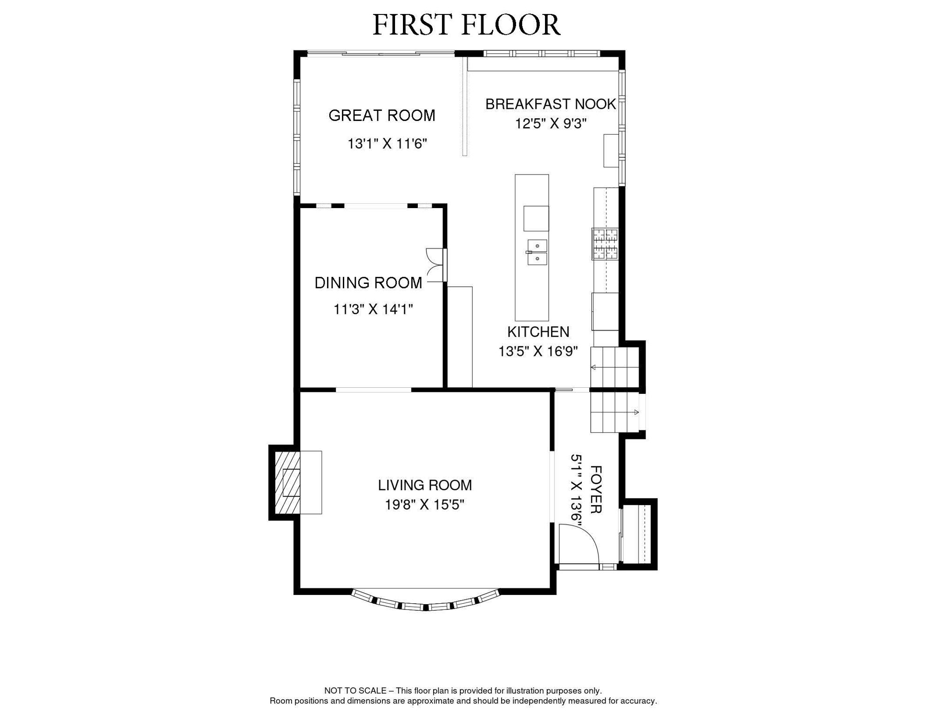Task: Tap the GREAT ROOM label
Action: click(381, 115)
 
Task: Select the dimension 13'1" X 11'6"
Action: click(387, 144)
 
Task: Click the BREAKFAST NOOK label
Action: click(550, 104)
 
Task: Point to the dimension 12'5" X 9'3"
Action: click(550, 124)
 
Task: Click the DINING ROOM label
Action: click(368, 283)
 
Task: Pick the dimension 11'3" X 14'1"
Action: click(373, 309)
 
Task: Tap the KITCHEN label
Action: click(538, 332)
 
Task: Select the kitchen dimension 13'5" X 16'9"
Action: click(538, 351)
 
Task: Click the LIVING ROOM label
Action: click(424, 485)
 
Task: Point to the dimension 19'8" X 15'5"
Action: click(424, 505)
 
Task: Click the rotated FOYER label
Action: click(596, 489)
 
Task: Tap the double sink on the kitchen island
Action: click(537, 252)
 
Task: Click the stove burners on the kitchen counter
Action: click(605, 244)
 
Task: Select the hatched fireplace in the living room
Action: click(287, 483)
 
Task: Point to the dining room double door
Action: click(436, 265)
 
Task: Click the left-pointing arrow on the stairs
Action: click(593, 367)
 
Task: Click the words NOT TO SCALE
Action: click(355, 690)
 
